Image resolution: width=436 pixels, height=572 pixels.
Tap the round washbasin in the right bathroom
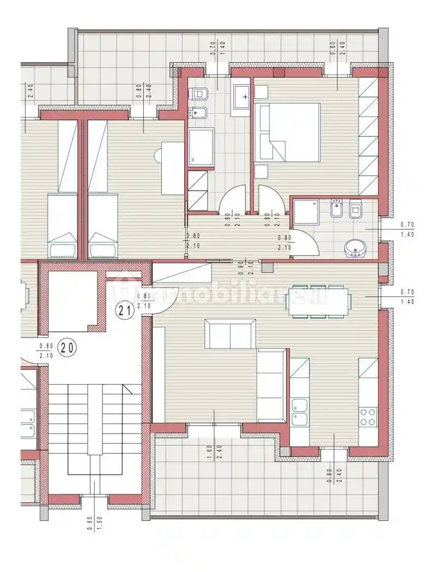(355, 248)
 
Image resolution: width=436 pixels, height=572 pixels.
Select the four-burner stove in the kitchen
(368, 417)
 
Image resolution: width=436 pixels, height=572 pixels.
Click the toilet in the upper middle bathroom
(200, 94)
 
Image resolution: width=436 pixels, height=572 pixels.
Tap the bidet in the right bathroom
(336, 209)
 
